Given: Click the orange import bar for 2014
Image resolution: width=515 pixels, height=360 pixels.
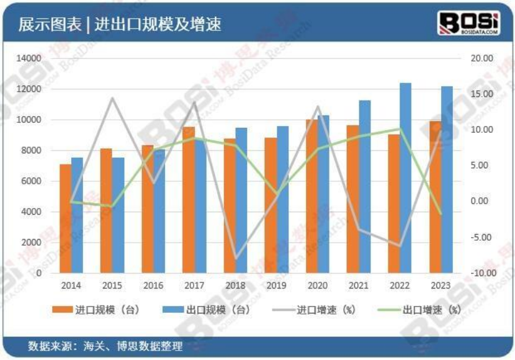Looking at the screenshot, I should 65,218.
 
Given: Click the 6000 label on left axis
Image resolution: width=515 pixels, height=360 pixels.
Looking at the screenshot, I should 32,181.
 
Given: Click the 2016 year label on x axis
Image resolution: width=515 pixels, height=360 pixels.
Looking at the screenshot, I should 153,286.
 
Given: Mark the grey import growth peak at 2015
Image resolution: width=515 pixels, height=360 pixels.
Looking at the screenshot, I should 112,98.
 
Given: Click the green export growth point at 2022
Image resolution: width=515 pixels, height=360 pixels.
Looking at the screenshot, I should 400,129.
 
